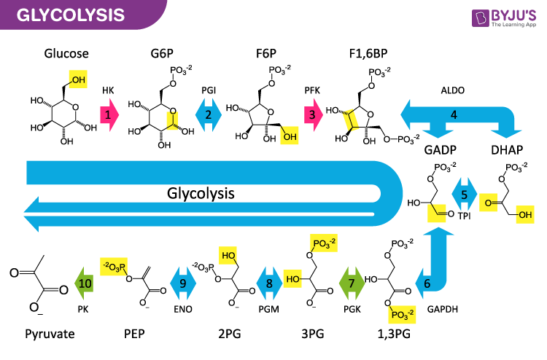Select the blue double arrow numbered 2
pos(208,115)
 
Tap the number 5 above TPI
pos(465,195)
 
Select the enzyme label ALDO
pos(453,90)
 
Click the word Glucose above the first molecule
pos(66,54)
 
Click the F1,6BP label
pos(370,54)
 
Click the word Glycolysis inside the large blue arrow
pos(201,193)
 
